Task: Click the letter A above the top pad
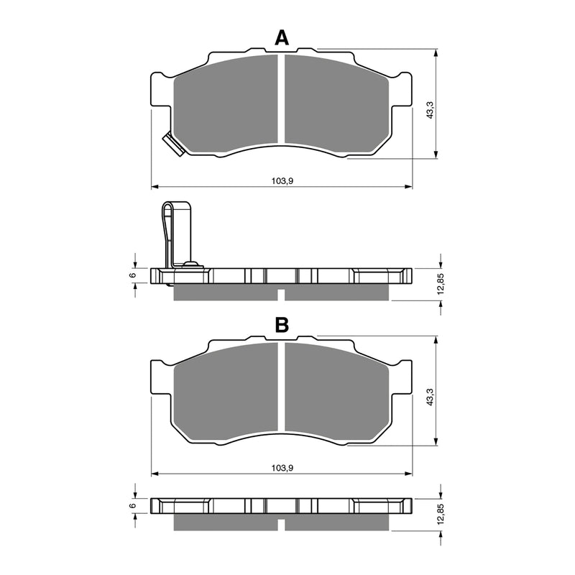(x=282, y=38)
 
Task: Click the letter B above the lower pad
(x=282, y=326)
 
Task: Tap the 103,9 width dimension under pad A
(x=282, y=180)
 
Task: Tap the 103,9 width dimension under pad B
(x=282, y=467)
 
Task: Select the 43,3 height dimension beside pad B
(x=430, y=397)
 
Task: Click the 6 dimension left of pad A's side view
(x=132, y=275)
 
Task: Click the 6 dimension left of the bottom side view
(x=132, y=505)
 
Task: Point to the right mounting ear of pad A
(x=402, y=91)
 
